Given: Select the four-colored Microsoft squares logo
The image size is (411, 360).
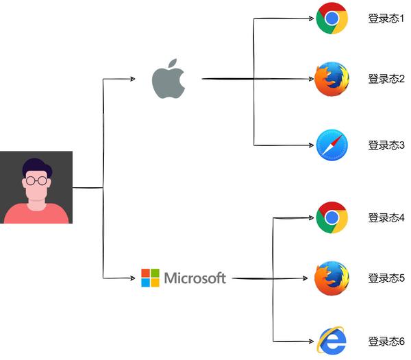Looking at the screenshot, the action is (150, 278).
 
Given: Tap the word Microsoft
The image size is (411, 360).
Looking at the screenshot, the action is (195, 278).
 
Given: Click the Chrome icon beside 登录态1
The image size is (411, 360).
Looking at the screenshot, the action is (332, 19).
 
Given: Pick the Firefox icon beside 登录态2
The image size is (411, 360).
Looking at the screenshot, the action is (332, 79).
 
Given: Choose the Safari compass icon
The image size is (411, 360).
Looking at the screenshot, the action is (332, 145).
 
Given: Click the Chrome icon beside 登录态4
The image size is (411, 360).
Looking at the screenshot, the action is (332, 217).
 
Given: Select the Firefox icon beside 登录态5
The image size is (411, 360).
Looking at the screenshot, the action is (332, 278).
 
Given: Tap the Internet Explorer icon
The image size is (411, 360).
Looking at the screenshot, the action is (332, 341).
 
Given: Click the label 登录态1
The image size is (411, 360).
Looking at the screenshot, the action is (386, 19).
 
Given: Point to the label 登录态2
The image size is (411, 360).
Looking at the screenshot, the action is (386, 79).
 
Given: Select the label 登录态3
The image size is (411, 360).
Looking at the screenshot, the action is (386, 145).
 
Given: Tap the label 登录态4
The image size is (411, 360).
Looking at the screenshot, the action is (386, 217).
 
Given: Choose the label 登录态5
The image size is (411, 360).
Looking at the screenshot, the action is (386, 278).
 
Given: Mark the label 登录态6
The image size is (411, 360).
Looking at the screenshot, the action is (386, 341).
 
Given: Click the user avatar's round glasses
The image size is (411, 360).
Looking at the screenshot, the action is (37, 180).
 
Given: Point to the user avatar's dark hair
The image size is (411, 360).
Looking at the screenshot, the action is (37, 166).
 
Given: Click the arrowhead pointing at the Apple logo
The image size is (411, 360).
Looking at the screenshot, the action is (133, 79).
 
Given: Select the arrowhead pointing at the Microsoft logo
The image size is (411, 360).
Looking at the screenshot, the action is (133, 278).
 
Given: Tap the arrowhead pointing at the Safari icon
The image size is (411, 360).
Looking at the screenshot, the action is (312, 145).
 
